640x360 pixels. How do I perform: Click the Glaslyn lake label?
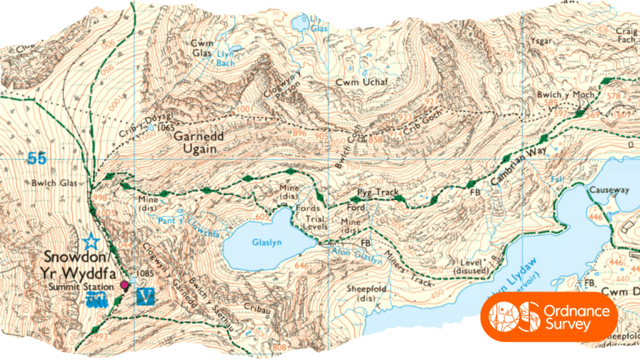click(x=264, y=242)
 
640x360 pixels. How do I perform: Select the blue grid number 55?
click(x=36, y=159)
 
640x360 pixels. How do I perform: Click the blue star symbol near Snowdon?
click(x=91, y=239)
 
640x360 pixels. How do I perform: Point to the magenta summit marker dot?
click(x=124, y=286)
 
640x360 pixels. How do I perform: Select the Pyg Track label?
click(x=378, y=192)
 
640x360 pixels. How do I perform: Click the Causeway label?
click(x=609, y=189)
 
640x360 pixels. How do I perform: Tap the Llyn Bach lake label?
click(x=224, y=59)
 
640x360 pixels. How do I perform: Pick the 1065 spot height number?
click(x=166, y=127)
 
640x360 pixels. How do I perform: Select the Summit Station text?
click(x=79, y=286)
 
